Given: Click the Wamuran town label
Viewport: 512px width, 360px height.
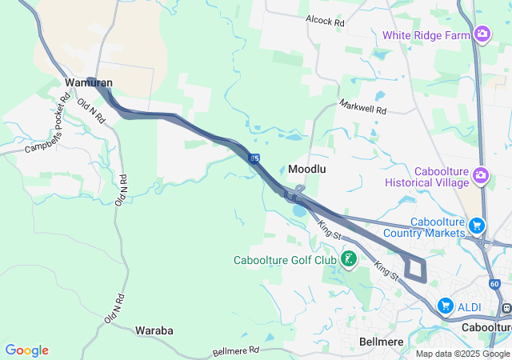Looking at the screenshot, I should [89, 82].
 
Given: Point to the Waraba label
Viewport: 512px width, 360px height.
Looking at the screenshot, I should [154, 330].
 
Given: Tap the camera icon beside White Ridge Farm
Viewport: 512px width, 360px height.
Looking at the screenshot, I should [482, 34].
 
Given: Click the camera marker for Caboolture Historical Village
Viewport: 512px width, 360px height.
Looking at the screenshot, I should [481, 174].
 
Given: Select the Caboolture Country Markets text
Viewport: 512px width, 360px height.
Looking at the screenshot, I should [437, 227].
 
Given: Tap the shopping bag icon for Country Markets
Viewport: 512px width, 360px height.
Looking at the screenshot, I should [478, 226].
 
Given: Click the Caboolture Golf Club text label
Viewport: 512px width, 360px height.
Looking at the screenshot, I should [285, 260].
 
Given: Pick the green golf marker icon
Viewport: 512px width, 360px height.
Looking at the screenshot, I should [349, 259].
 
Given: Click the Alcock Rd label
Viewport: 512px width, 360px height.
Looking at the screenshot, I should [324, 22].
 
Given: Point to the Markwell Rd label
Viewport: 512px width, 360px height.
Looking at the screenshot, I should [362, 106].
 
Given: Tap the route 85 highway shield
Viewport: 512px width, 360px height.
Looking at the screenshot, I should [254, 159].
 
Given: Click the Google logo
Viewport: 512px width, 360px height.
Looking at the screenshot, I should [26, 350].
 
